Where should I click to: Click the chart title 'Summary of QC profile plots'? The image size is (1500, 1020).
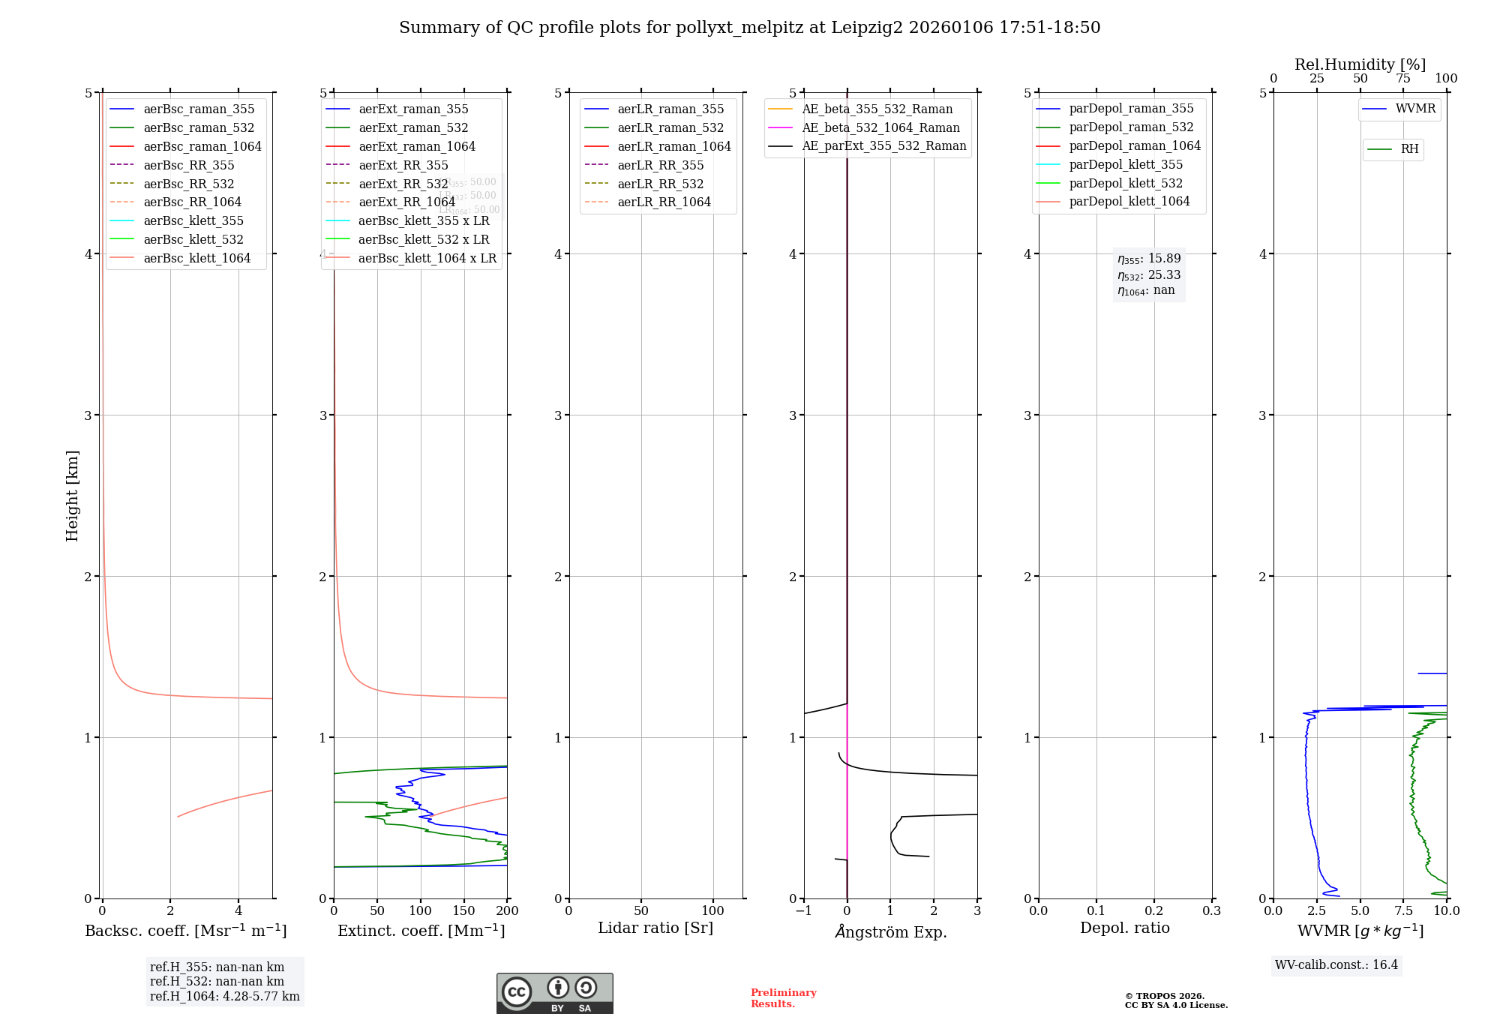coord(749,28)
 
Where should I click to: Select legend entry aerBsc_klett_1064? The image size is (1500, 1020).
coord(197,258)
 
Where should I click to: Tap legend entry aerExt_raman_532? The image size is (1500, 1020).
coord(413,127)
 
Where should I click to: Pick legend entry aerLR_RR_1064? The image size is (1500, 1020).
coord(664,202)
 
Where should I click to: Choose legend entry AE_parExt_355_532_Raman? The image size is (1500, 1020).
coord(883,145)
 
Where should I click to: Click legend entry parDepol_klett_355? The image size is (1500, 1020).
coord(1126,164)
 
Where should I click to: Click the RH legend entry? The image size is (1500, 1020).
coord(1409,149)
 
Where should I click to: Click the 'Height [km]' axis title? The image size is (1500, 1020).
coord(72,495)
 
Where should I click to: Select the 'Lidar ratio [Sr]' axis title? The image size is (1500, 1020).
coord(655,928)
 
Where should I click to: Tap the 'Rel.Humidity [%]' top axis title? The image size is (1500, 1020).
coord(1360,64)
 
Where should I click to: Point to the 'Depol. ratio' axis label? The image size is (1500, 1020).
coord(1124,928)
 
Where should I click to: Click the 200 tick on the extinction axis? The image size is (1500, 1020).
coord(508,910)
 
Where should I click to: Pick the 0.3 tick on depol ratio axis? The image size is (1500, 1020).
coord(1212,910)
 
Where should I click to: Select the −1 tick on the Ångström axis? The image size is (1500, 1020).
coord(803,910)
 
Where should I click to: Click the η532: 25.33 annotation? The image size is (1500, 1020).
coord(1149,275)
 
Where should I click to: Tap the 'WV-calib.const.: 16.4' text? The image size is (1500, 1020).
coord(1336,964)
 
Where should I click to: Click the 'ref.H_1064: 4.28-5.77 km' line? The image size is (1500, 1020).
coord(224,996)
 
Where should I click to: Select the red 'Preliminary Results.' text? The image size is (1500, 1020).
coord(783,997)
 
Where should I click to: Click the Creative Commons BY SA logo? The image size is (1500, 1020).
coord(554,993)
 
